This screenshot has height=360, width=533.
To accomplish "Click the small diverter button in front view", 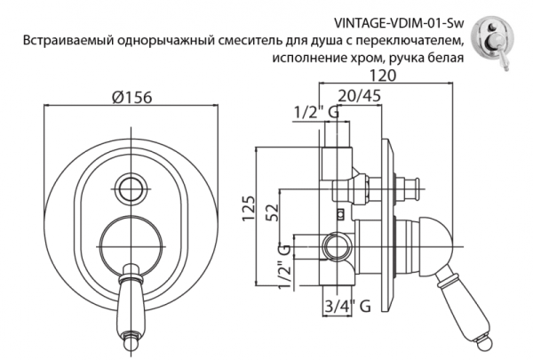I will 131,188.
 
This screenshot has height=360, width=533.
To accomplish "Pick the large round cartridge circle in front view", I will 130,243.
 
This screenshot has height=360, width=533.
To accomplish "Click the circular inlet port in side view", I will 335,244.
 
